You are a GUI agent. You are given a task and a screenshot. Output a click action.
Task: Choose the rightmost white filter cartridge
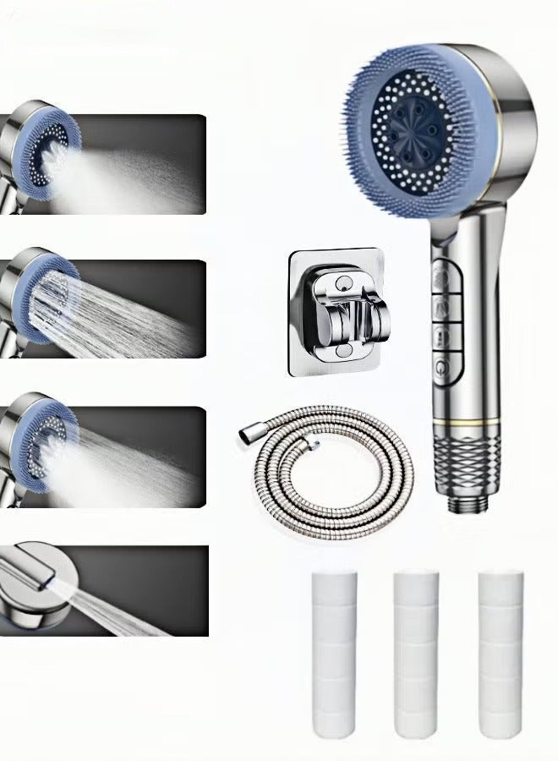click(499, 639)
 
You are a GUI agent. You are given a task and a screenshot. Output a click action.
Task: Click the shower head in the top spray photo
click(38, 156)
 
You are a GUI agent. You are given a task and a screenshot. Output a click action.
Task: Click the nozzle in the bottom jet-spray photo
click(34, 583)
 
